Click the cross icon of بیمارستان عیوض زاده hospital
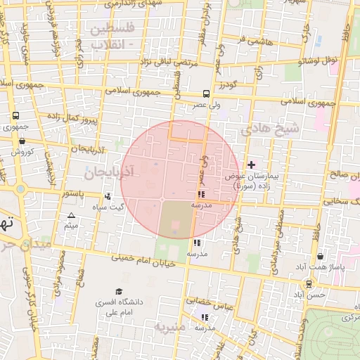coord(252,165)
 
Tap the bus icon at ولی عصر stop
coord(206,93)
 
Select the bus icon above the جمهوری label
coord(15,116)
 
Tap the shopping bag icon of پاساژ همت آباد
coord(321,257)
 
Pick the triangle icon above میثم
coord(70,215)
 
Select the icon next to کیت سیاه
coord(107,197)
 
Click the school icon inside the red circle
coord(201,193)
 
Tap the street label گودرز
coord(225,85)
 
